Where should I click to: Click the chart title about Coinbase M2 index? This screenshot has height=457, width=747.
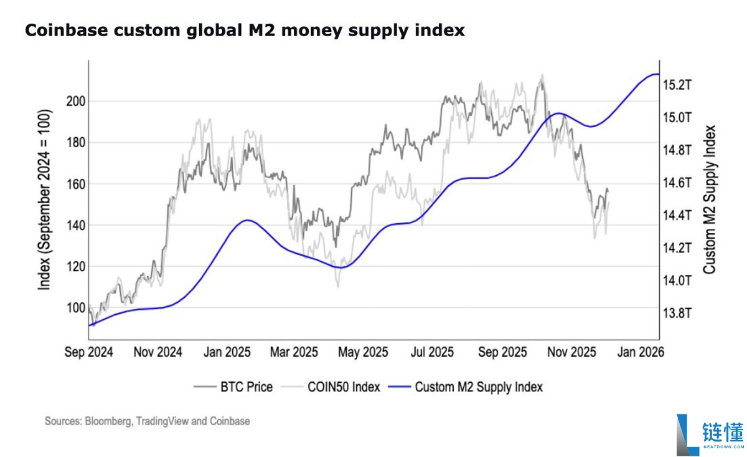click(x=244, y=30)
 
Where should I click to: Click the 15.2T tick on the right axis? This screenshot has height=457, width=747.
click(x=677, y=85)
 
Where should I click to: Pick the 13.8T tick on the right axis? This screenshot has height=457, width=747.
click(x=677, y=313)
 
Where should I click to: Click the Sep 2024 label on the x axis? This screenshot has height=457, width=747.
click(x=89, y=352)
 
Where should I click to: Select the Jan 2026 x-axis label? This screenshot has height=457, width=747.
click(x=639, y=352)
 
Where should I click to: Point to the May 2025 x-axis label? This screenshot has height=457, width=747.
click(x=363, y=352)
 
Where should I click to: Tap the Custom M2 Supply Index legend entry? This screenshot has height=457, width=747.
click(x=478, y=387)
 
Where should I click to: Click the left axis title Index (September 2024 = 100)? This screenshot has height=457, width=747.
click(x=45, y=200)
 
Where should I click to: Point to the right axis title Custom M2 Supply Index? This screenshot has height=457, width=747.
click(x=709, y=200)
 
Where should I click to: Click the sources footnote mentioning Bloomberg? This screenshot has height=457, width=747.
click(x=147, y=421)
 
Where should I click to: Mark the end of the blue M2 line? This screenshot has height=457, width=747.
click(x=658, y=74)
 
